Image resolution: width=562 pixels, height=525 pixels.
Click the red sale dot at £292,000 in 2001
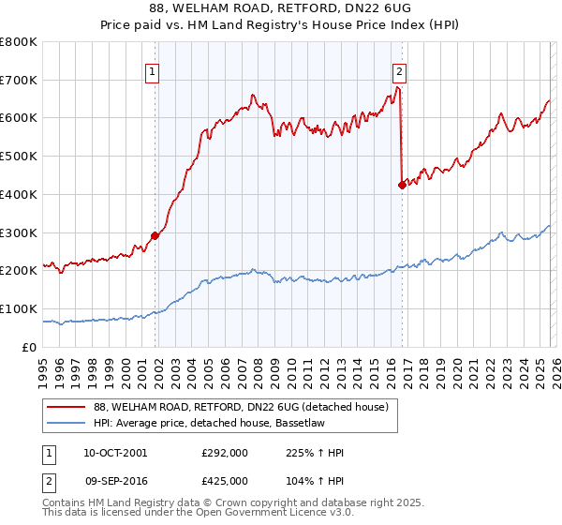coord(155,235)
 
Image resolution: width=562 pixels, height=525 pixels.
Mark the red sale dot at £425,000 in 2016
coord(402,185)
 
